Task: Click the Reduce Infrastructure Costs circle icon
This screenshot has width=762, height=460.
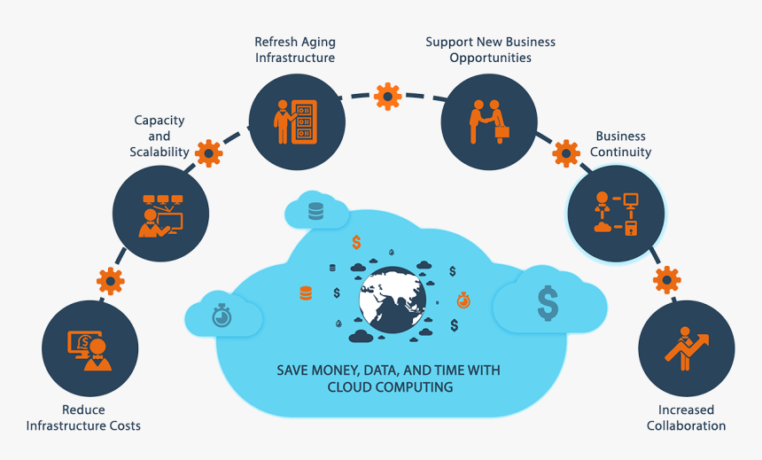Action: click(90, 347)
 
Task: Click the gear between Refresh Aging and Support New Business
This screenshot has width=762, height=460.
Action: click(387, 95)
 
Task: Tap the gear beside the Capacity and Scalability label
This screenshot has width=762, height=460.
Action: click(207, 153)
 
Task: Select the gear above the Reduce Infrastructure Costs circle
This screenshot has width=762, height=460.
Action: click(110, 281)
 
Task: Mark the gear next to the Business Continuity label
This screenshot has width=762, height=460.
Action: click(566, 153)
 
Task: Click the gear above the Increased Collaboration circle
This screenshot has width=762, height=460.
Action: click(666, 280)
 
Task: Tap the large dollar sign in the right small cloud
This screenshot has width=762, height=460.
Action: click(548, 304)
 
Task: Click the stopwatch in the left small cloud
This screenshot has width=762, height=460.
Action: click(222, 315)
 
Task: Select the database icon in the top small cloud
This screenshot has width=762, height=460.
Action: click(315, 212)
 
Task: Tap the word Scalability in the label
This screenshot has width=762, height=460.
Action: click(159, 152)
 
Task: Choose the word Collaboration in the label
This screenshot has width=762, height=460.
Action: click(686, 425)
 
